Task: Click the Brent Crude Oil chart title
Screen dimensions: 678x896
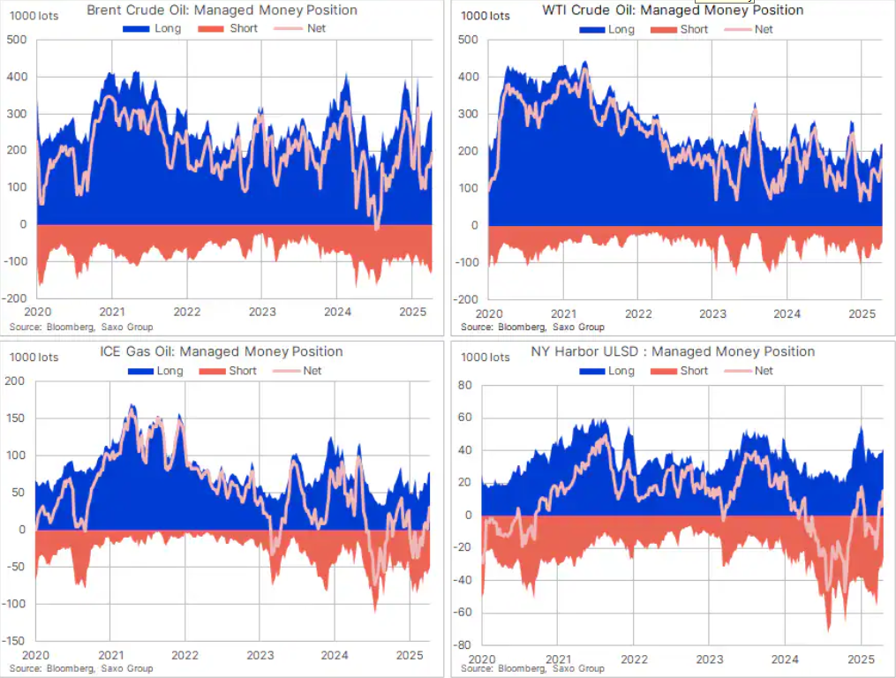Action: click(223, 11)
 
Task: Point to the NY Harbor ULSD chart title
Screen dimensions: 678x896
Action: click(674, 352)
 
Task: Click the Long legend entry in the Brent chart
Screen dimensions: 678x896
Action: click(166, 28)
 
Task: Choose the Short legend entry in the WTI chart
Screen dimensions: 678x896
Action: click(693, 29)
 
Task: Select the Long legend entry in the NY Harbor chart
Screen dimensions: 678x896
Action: click(621, 371)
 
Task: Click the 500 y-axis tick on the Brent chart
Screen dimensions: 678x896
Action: click(18, 41)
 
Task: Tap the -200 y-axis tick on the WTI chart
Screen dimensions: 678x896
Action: click(467, 299)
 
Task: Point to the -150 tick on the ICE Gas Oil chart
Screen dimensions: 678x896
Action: click(18, 641)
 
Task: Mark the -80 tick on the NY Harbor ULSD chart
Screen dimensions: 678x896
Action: click(463, 644)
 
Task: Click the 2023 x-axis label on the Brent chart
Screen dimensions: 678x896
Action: click(261, 312)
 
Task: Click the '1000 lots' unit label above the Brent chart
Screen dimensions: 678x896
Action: click(34, 16)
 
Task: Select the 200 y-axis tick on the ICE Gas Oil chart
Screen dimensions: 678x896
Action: click(18, 381)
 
